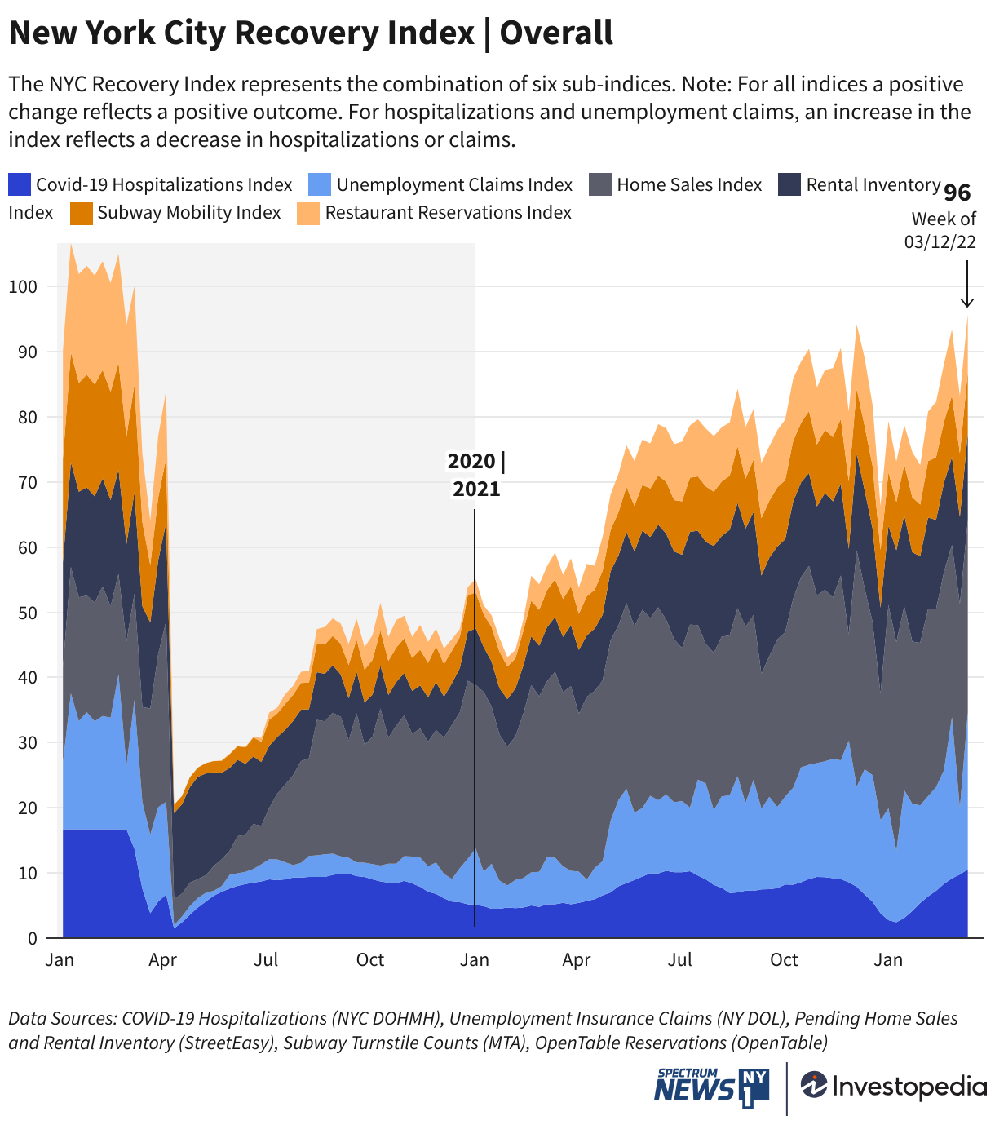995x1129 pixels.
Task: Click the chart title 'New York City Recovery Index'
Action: [241, 33]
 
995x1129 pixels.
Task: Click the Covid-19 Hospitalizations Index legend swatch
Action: [20, 185]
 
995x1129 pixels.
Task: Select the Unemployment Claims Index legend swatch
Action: [320, 185]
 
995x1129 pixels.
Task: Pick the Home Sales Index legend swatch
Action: [600, 185]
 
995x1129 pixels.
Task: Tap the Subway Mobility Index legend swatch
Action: [82, 213]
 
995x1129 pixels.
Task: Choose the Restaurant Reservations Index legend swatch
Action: [308, 213]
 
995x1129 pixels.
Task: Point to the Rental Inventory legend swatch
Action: [789, 185]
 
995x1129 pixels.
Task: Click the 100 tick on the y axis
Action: [24, 286]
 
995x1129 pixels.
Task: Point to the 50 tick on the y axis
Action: [27, 613]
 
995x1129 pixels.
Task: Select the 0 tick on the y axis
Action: [32, 938]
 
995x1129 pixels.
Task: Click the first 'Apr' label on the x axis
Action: [163, 960]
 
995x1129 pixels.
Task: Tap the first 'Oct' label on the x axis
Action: [370, 960]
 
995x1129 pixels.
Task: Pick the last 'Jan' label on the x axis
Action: [888, 960]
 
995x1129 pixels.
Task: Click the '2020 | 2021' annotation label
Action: [476, 475]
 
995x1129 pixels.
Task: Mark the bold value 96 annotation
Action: [957, 193]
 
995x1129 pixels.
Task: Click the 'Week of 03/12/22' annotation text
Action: [943, 230]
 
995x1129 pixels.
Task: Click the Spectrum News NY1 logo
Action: [711, 1088]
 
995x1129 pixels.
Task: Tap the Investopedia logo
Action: [894, 1086]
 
